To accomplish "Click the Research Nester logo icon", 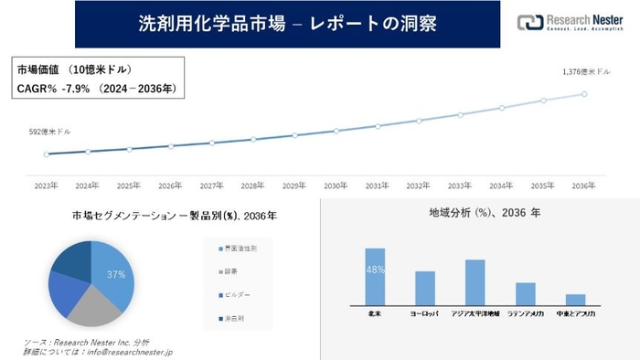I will pyautogui.click(x=529, y=23).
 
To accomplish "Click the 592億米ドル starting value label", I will pyautogui.click(x=49, y=132).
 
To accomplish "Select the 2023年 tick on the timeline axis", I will pyautogui.click(x=46, y=185).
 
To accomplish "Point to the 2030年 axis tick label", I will pyautogui.click(x=336, y=185).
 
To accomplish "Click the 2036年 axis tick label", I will pyautogui.click(x=584, y=185).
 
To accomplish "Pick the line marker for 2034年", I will pyautogui.click(x=502, y=108).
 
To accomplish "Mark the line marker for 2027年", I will pyautogui.click(x=212, y=143).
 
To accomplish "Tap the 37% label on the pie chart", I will pyautogui.click(x=115, y=274).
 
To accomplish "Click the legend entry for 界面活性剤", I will pyautogui.click(x=240, y=249).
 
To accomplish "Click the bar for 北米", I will pyautogui.click(x=375, y=276).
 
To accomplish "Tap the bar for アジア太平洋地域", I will pyautogui.click(x=475, y=281).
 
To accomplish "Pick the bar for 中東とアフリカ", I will pyautogui.click(x=575, y=299).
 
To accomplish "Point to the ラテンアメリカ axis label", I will pyautogui.click(x=525, y=314).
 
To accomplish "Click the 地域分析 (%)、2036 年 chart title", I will pyautogui.click(x=471, y=213).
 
